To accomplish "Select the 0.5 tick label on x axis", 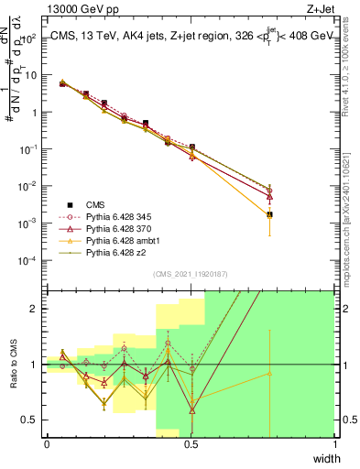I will click(x=191, y=444).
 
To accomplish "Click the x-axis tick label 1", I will click(x=335, y=444).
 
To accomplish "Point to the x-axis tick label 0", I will click(x=47, y=444).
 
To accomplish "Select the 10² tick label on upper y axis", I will click(x=28, y=38).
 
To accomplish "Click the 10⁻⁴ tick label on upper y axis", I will click(x=28, y=260).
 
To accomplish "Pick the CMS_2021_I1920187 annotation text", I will click(x=191, y=273).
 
